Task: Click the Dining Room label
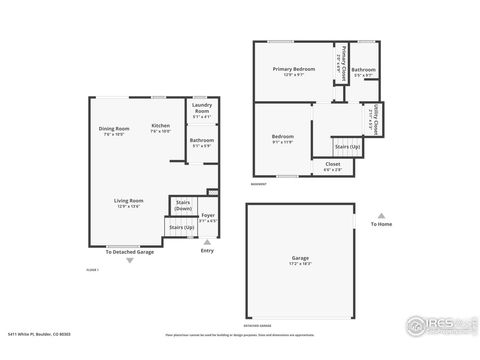coord(114,130)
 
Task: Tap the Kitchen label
coord(160,128)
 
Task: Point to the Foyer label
coord(208,217)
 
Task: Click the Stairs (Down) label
coord(183,205)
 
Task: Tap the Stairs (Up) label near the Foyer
coord(181,228)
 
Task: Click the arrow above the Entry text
coord(207,241)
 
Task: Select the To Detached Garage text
coord(129,252)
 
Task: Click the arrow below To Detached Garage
coord(129,261)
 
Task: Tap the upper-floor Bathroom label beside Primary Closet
coord(363,72)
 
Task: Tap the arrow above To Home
coord(380,214)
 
